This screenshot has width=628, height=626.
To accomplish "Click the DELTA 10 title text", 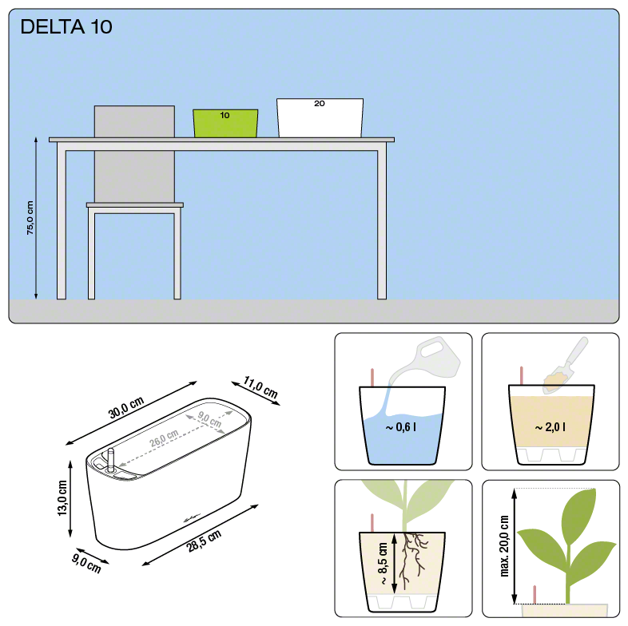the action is tap(66, 27).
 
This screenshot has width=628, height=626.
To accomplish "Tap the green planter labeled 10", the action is tap(225, 123).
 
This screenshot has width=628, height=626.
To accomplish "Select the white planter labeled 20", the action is tap(320, 117).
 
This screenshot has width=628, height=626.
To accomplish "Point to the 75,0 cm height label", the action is tap(30, 218).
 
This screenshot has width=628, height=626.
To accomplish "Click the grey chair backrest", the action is tap(134, 154).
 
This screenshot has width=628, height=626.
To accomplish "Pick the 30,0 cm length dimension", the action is tap(125, 407).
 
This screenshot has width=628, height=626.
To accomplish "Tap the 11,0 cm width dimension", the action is tap(260, 387).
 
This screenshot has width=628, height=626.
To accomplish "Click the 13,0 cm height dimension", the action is tap(62, 498).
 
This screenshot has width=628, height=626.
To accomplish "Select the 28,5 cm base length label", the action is tap(204, 541).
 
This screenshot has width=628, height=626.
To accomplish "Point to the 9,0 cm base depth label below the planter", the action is tap(86, 563).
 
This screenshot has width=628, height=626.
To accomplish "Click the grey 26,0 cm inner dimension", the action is tap(164, 438).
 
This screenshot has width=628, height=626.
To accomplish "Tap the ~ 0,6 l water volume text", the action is tap(401, 427).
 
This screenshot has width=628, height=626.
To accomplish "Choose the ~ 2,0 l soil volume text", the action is tap(550, 427).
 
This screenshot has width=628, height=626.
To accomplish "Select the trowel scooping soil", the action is tap(565, 365).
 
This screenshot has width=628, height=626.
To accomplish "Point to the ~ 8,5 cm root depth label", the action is tap(383, 563).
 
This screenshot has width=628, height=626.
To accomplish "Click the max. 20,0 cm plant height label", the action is tap(504, 546).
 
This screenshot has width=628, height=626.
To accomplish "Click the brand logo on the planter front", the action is tap(192, 519).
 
